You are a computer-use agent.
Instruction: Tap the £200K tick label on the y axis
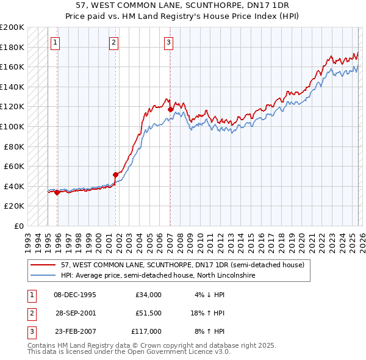(12, 27)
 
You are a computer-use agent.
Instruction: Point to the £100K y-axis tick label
(12, 127)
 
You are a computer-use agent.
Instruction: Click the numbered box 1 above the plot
(56, 42)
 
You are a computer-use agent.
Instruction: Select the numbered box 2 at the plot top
(114, 42)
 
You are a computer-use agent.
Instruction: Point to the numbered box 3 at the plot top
(168, 42)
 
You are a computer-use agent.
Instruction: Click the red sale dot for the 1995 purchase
(57, 192)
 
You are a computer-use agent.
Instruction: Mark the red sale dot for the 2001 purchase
(115, 175)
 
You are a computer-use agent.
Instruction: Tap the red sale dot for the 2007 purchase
(170, 110)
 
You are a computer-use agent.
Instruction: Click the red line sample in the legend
(43, 265)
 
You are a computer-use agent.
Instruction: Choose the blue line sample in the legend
(43, 276)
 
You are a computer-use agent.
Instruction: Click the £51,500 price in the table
(149, 313)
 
